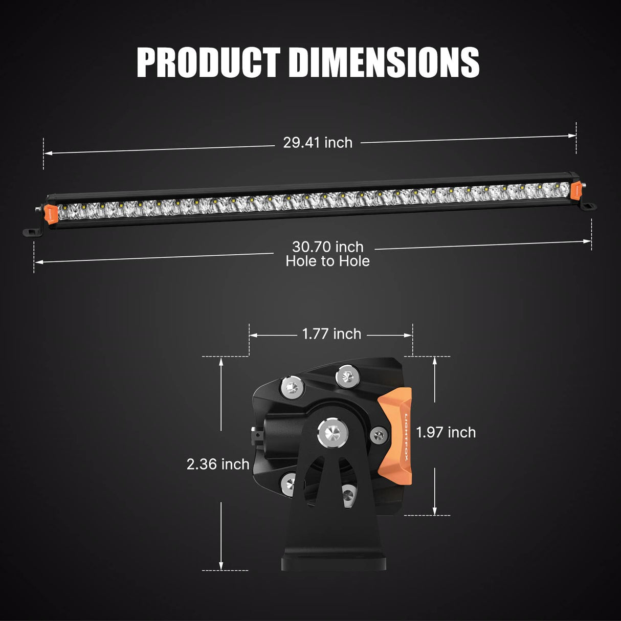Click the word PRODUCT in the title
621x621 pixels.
[209, 62]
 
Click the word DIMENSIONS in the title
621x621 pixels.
[384, 62]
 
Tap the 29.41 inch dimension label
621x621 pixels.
[318, 143]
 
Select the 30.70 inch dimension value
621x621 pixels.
[327, 247]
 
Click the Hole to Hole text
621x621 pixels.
[327, 261]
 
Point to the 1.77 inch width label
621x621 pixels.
[331, 334]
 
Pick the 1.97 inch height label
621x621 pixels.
[446, 432]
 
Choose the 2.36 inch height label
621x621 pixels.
[218, 464]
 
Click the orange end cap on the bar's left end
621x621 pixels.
[51, 214]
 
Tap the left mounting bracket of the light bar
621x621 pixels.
[32, 232]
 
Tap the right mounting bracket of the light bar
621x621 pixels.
[588, 206]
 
